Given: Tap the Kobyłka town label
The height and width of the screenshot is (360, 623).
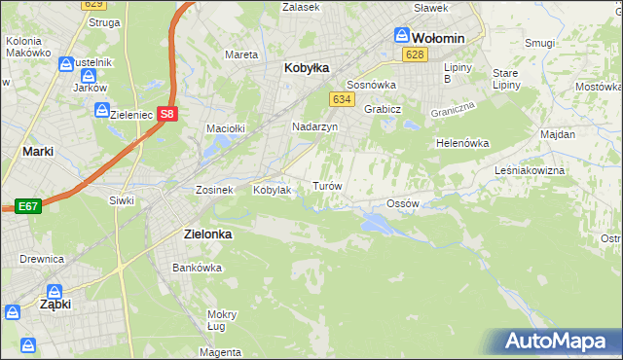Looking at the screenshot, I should click(x=307, y=68).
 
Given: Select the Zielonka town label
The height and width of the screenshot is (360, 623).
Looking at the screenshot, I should click(x=208, y=234).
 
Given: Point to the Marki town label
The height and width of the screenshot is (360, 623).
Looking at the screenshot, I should click(x=38, y=151).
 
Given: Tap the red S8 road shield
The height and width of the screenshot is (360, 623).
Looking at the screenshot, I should click(x=168, y=113).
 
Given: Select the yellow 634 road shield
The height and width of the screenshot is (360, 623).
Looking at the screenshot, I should click(x=341, y=99).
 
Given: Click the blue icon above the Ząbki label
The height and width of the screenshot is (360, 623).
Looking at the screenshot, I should click(x=54, y=291).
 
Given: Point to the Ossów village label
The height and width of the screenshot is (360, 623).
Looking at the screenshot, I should click(x=402, y=203).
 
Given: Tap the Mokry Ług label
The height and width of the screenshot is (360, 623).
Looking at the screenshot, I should click(x=222, y=320).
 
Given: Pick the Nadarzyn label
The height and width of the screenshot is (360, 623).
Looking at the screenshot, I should click(x=315, y=126).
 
